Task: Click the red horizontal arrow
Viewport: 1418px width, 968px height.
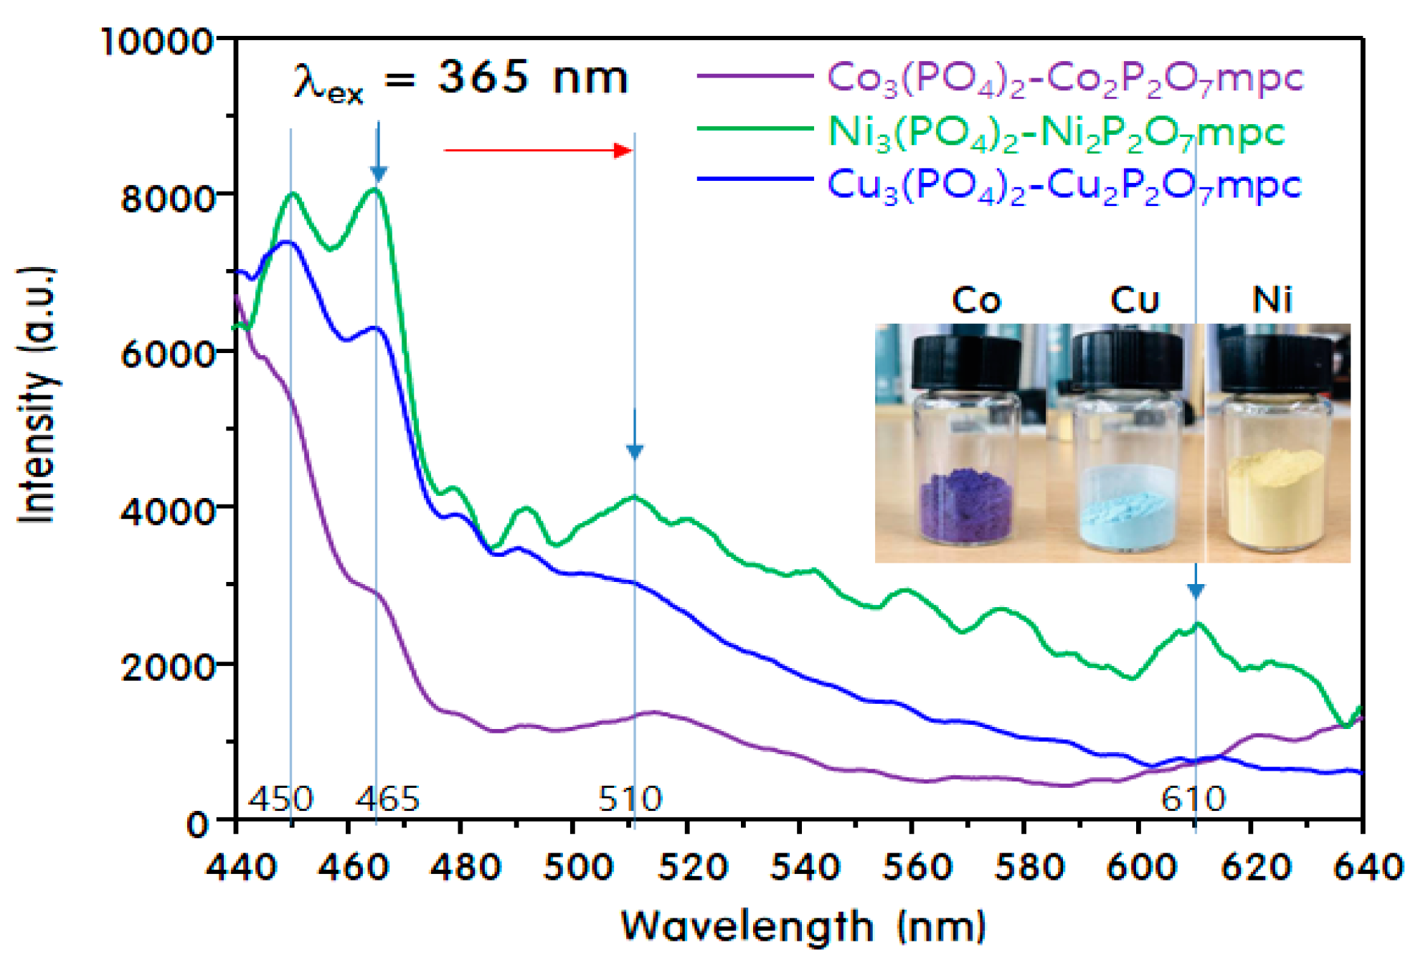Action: [538, 150]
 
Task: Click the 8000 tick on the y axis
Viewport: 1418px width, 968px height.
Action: [169, 198]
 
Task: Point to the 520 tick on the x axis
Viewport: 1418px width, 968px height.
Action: [692, 867]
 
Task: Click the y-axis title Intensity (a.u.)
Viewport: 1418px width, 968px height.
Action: [37, 395]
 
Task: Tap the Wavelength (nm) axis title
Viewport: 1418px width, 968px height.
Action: [803, 926]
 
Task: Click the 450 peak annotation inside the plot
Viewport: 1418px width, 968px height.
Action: [280, 799]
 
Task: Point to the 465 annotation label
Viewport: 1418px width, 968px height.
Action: [387, 799]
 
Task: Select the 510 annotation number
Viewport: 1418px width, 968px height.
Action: [630, 799]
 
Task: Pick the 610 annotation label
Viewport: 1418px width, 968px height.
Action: [1194, 799]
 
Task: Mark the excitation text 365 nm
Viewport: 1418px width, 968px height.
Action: [533, 77]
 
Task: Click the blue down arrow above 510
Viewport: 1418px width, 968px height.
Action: [635, 438]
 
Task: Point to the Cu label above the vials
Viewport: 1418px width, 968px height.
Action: [1135, 300]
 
